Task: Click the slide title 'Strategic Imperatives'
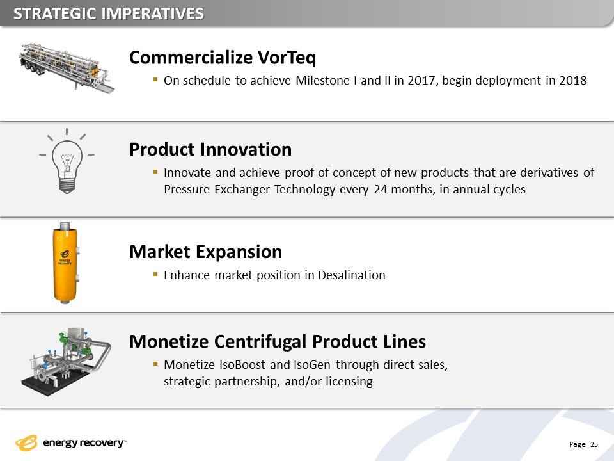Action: coord(109,13)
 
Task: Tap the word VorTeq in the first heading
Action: coord(287,58)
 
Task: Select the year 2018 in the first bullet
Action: coord(573,81)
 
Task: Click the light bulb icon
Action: coord(67,161)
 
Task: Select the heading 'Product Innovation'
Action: coord(210,149)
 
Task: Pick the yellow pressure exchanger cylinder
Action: coord(65,263)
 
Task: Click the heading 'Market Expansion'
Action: coord(205,252)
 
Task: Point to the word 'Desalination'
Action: coord(352,275)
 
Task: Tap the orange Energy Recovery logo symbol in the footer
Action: coord(26,443)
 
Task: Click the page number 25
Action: coord(594,444)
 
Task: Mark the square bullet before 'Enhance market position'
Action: coord(155,274)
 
